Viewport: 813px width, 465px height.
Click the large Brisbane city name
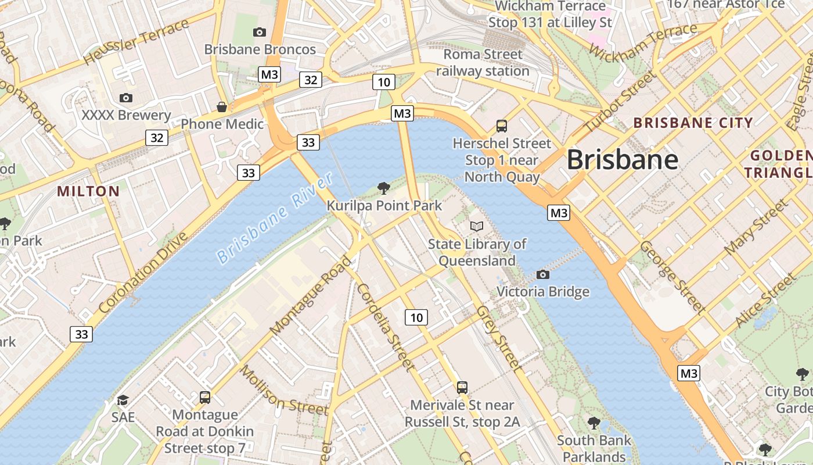pos(622,159)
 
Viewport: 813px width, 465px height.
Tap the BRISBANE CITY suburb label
pos(693,123)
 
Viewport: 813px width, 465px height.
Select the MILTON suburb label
pos(88,191)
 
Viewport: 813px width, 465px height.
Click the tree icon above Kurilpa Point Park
pos(383,188)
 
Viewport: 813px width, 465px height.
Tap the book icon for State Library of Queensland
pos(477,226)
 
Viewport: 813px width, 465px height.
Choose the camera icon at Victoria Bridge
pos(543,274)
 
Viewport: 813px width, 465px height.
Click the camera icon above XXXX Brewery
pos(126,98)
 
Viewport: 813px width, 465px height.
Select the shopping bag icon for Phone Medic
pos(222,107)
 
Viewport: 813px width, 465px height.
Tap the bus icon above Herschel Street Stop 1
pos(502,126)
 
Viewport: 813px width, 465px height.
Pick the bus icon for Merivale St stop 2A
pos(462,387)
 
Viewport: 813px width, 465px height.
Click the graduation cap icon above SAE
pos(123,400)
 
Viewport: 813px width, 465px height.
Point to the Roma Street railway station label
pos(483,63)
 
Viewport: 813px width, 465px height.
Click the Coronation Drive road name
pos(144,273)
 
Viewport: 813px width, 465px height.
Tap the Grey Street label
pos(498,338)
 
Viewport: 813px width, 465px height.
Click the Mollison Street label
pos(285,390)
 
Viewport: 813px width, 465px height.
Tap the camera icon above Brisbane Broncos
pos(260,32)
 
